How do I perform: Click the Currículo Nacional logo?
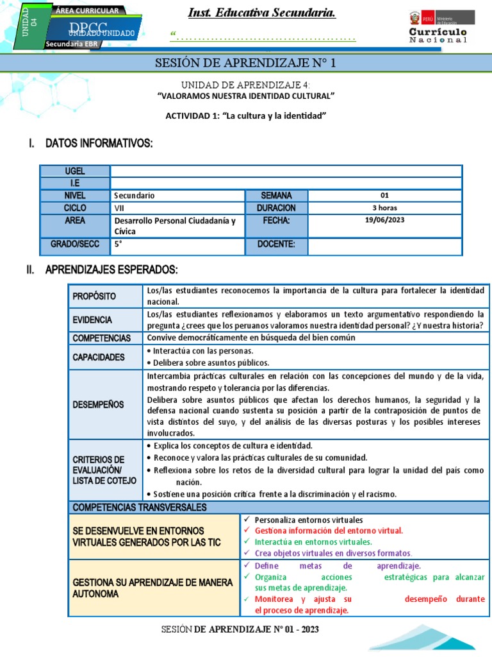(x=438, y=28)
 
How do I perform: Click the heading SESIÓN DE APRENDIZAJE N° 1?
(x=245, y=63)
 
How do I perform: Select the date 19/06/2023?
(x=384, y=219)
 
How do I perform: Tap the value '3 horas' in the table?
(x=384, y=208)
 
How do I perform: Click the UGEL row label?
(x=75, y=171)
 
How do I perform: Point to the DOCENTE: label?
(x=276, y=244)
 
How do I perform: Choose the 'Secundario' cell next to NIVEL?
(x=135, y=196)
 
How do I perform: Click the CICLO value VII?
(x=120, y=208)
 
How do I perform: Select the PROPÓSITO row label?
(x=94, y=296)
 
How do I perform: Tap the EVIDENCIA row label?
(x=92, y=320)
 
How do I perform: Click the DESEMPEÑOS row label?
(x=98, y=404)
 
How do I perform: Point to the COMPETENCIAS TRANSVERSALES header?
(x=140, y=508)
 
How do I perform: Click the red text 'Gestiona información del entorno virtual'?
(x=329, y=531)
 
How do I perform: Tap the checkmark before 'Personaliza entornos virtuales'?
(x=247, y=520)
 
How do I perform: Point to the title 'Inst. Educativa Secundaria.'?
(x=262, y=13)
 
